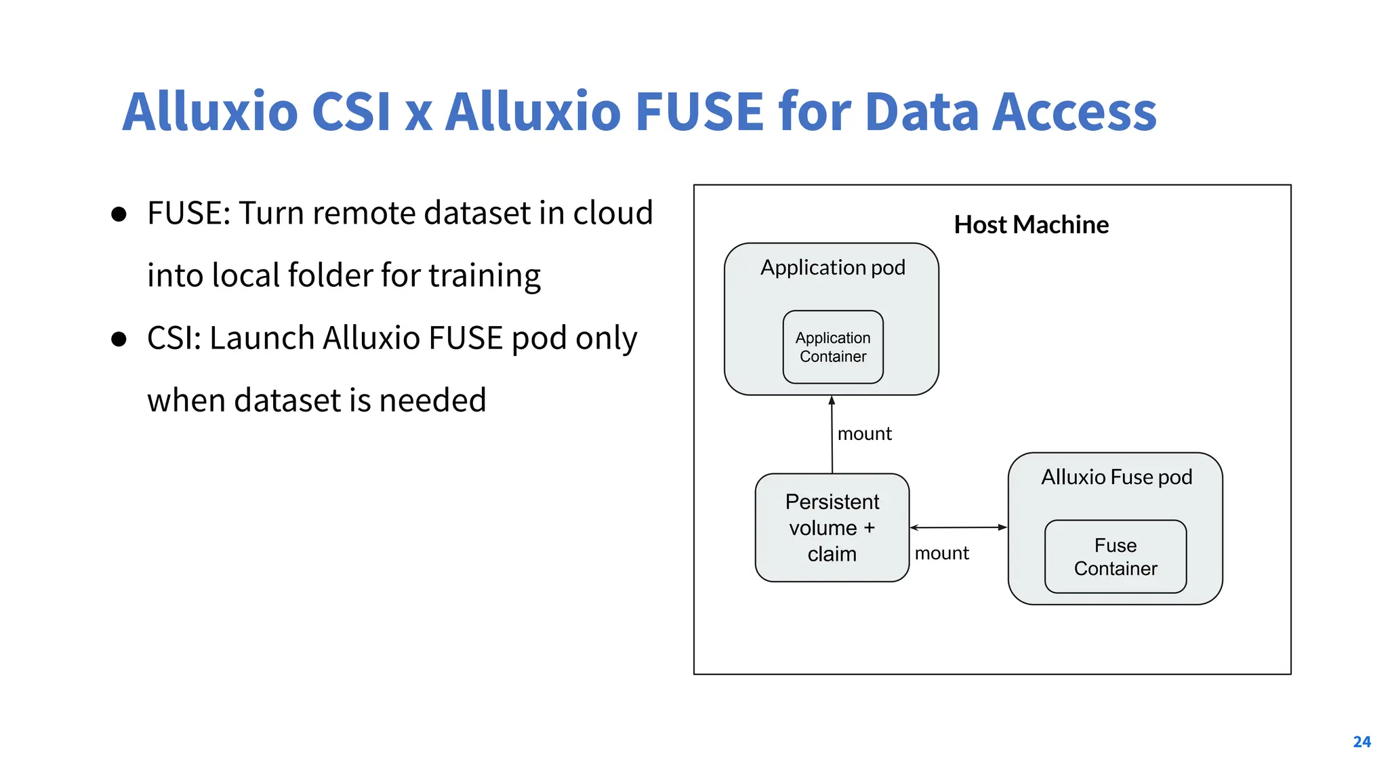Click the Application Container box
click(x=833, y=347)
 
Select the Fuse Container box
click(x=1116, y=557)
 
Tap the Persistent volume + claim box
click(x=832, y=527)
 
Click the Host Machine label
click(x=1031, y=224)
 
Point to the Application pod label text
click(x=832, y=267)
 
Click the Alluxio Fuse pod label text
click(x=1116, y=477)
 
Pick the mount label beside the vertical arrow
click(x=864, y=433)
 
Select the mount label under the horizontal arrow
click(x=941, y=553)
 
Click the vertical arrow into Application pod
click(x=832, y=434)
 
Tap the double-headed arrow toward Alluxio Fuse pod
click(x=958, y=527)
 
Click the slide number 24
click(x=1362, y=742)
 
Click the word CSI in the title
click(x=350, y=111)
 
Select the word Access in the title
click(x=1074, y=111)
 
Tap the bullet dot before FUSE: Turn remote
click(x=119, y=215)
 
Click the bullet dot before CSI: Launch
click(x=119, y=339)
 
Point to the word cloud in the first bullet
click(x=613, y=213)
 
